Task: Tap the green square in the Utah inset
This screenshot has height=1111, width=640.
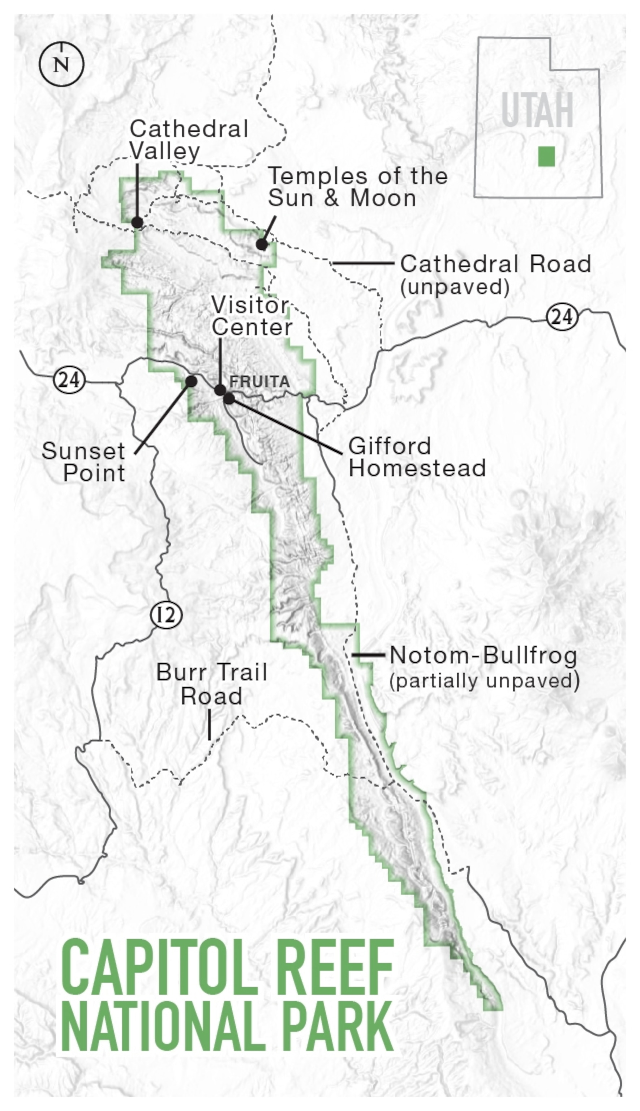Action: click(x=546, y=157)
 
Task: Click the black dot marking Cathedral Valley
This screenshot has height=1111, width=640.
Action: click(x=138, y=222)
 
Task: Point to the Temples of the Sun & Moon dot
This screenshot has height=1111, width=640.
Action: click(x=262, y=244)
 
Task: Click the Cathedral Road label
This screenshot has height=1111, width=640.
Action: click(x=495, y=264)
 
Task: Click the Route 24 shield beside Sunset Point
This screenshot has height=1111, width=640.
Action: click(x=69, y=380)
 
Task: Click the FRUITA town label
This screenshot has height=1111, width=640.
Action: click(x=260, y=382)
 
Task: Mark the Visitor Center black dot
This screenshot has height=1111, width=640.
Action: click(x=220, y=390)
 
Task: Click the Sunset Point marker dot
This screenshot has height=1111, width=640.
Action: click(x=191, y=381)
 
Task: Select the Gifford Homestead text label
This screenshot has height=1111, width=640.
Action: click(x=417, y=457)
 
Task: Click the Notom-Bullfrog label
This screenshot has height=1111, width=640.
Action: click(x=483, y=656)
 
